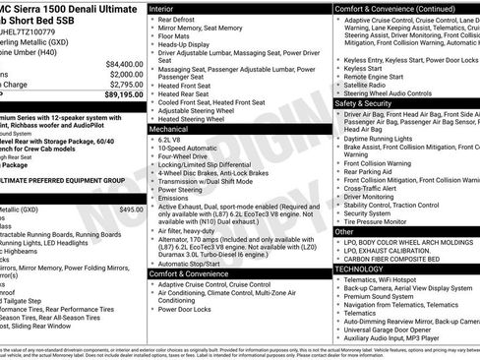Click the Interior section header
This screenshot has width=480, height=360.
[162, 8]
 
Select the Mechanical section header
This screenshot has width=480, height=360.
[169, 129]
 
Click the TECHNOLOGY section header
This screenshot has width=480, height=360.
[359, 269]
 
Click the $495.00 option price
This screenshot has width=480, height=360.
[131, 210]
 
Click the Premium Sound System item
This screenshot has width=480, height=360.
[380, 296]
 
